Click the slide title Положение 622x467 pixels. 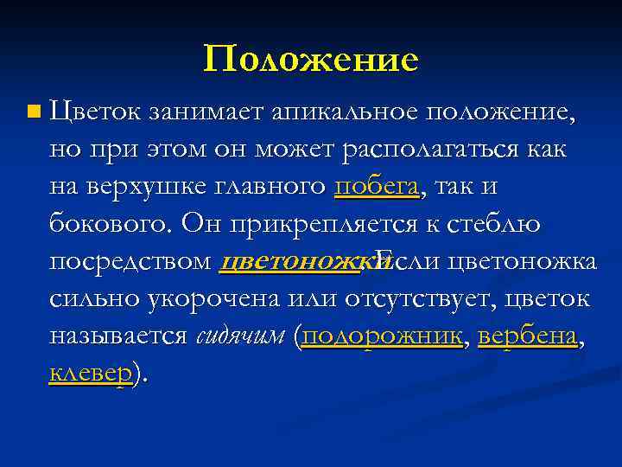pyautogui.click(x=311, y=60)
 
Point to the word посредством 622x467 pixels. pyautogui.click(x=130, y=261)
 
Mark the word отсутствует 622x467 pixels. pyautogui.click(x=421, y=299)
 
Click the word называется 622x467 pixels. pyautogui.click(x=118, y=336)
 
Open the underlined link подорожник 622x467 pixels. pyautogui.click(x=383, y=336)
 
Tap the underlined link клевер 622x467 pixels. pyautogui.click(x=91, y=374)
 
